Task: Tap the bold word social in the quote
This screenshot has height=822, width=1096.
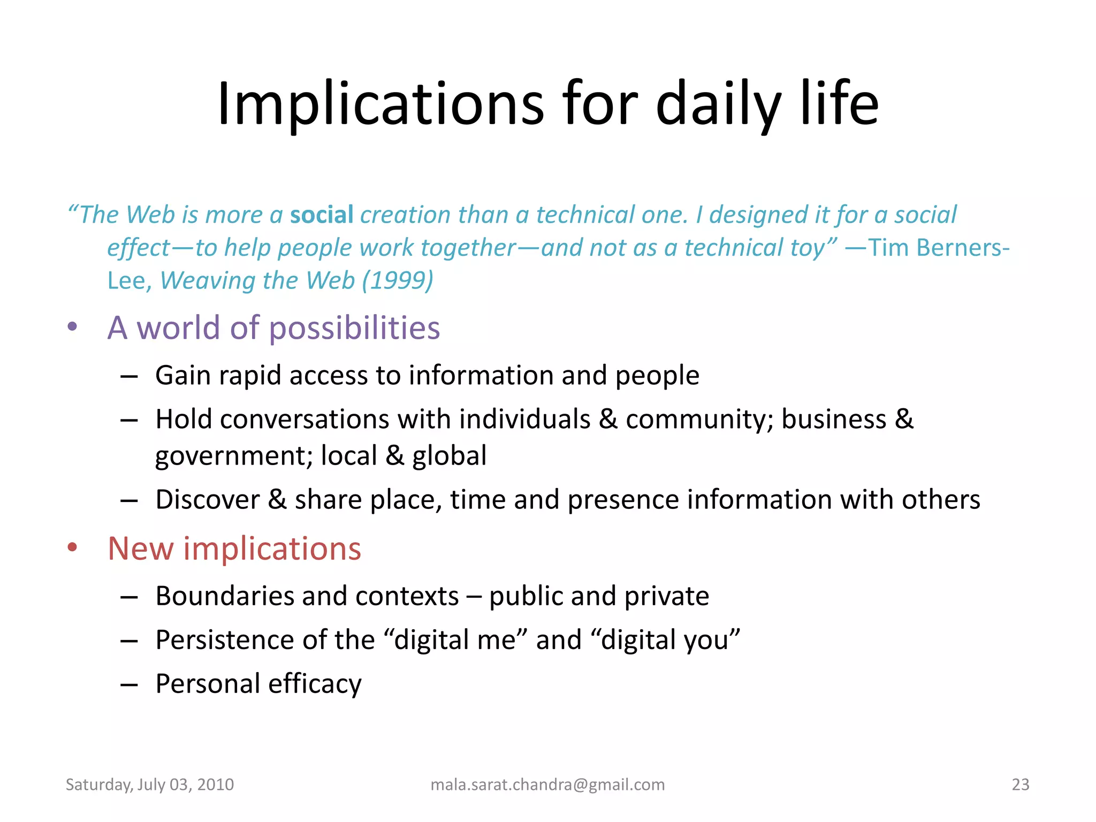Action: (x=322, y=215)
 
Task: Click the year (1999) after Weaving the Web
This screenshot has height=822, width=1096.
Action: (x=398, y=280)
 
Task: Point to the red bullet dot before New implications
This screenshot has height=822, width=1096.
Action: (x=73, y=547)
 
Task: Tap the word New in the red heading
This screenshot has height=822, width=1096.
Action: (x=141, y=549)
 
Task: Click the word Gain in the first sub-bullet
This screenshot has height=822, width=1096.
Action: (x=183, y=375)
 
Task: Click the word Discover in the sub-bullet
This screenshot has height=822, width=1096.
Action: (x=207, y=499)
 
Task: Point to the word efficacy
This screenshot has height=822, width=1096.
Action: (x=315, y=683)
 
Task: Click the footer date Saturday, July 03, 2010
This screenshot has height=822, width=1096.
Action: (x=150, y=785)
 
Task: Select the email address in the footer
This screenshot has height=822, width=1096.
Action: (x=547, y=785)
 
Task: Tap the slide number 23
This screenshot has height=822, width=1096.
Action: (x=1020, y=785)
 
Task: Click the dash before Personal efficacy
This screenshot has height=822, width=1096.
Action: (x=129, y=684)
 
